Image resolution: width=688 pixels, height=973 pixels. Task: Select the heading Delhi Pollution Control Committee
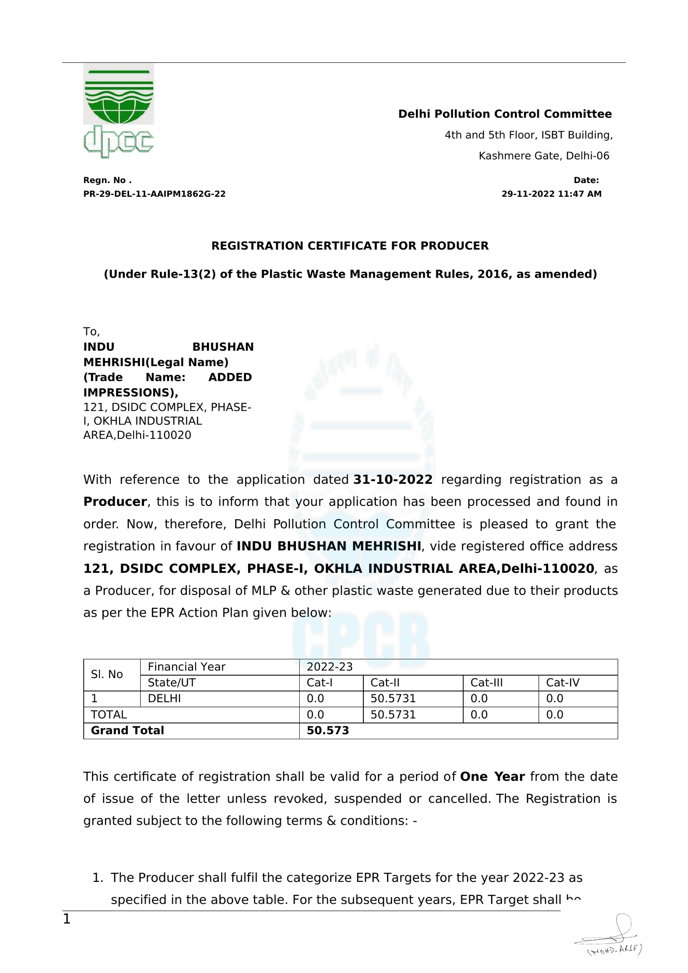(504, 114)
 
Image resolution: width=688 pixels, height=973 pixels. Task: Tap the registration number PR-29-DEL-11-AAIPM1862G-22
(154, 194)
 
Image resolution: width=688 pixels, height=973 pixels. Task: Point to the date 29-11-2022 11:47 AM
(551, 194)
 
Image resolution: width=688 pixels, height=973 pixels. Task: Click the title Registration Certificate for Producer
(350, 246)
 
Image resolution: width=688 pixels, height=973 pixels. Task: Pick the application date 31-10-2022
(393, 480)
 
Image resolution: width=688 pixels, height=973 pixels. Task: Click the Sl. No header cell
(107, 674)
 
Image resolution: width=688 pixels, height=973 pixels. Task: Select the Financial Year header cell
(186, 667)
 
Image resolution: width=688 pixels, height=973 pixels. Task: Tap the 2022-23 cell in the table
(329, 667)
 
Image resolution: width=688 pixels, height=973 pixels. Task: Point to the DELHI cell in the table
(164, 698)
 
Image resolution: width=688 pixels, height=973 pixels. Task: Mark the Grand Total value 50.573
(328, 731)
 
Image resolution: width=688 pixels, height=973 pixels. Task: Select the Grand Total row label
(127, 731)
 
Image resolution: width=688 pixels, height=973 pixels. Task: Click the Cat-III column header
(486, 682)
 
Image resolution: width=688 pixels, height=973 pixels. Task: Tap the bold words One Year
(492, 777)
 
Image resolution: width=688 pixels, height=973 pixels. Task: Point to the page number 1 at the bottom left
(67, 919)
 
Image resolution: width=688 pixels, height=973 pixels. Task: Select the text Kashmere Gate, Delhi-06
(544, 156)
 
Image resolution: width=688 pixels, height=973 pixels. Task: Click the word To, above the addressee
(91, 331)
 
